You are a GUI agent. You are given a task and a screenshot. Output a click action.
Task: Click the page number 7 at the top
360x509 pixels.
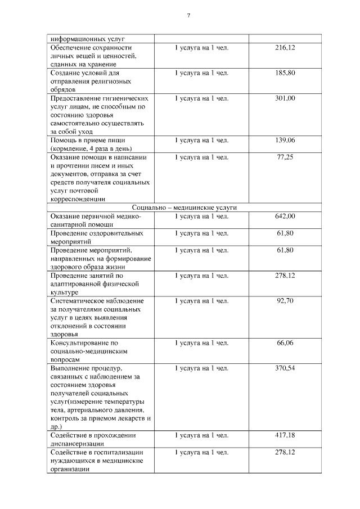pyautogui.click(x=188, y=15)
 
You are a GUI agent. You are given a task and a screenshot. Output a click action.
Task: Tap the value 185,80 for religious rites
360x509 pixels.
pyautogui.click(x=285, y=73)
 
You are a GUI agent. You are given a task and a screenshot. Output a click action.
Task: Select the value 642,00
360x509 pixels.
pyautogui.click(x=285, y=216)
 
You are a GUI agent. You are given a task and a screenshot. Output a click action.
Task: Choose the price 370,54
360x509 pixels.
pyautogui.click(x=285, y=368)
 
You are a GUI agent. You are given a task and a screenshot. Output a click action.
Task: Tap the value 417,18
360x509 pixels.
pyautogui.click(x=285, y=435)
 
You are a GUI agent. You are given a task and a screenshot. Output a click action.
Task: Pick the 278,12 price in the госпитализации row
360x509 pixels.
pyautogui.click(x=285, y=452)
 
